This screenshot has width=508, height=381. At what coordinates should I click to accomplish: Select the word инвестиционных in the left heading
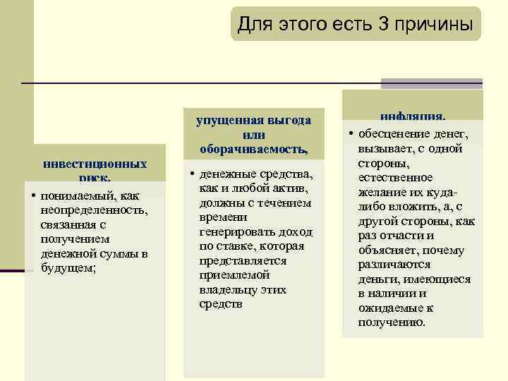[95, 164]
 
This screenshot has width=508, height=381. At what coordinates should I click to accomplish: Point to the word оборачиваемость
[253, 149]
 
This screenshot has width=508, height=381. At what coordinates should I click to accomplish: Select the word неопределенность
[94, 210]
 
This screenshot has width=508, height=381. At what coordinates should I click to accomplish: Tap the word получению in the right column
[392, 322]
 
